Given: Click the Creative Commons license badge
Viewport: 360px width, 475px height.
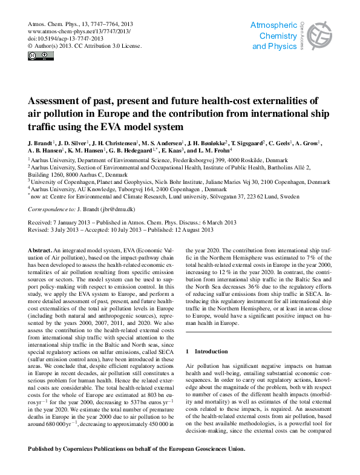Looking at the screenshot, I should (41, 57).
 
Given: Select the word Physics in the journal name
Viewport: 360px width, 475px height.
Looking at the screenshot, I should (283, 47).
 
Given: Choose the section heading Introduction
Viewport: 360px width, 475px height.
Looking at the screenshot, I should (211, 351).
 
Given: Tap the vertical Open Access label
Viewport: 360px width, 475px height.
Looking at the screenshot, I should (301, 33).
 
